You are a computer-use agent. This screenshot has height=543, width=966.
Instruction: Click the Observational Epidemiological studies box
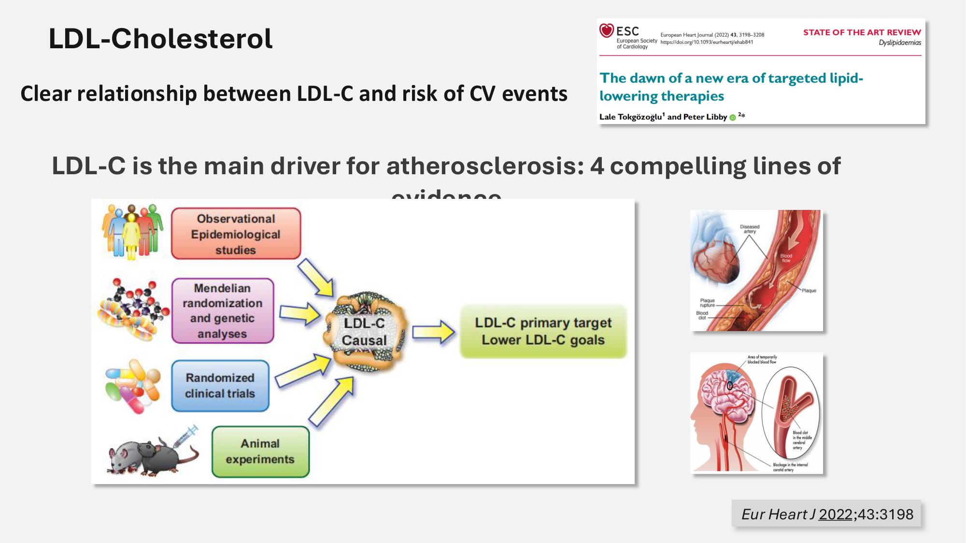[236, 234]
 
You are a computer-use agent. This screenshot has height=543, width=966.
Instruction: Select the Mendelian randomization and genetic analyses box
[223, 311]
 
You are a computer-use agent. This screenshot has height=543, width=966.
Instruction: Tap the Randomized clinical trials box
[220, 386]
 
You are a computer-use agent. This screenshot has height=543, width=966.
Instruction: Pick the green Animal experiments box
[260, 451]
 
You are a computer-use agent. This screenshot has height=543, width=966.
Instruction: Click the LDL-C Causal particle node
[365, 332]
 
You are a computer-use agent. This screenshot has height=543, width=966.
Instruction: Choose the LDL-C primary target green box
[543, 332]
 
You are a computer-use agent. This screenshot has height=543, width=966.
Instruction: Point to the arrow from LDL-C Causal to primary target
[433, 332]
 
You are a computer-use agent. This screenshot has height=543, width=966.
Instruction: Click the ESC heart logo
[607, 31]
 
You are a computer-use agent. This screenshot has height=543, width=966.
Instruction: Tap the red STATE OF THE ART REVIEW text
[862, 32]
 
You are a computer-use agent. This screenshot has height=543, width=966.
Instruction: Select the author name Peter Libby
[705, 117]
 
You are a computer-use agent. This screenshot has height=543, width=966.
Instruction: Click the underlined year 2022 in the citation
[835, 515]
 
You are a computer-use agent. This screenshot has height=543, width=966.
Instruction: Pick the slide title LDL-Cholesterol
[160, 39]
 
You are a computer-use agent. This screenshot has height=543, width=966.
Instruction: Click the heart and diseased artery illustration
[756, 270]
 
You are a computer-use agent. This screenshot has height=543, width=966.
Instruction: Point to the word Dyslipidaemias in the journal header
[899, 43]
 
